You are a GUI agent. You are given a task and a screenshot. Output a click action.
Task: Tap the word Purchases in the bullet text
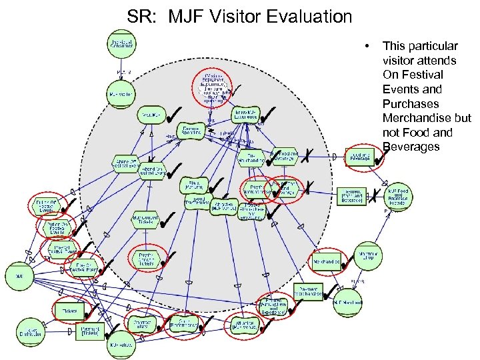pyautogui.click(x=411, y=103)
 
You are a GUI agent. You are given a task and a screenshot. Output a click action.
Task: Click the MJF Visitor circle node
pyautogui.click(x=121, y=94)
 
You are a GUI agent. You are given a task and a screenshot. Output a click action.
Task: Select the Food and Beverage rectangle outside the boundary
pyautogui.click(x=359, y=156)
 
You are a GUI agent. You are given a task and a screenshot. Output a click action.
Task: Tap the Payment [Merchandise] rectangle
pyautogui.click(x=305, y=290)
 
